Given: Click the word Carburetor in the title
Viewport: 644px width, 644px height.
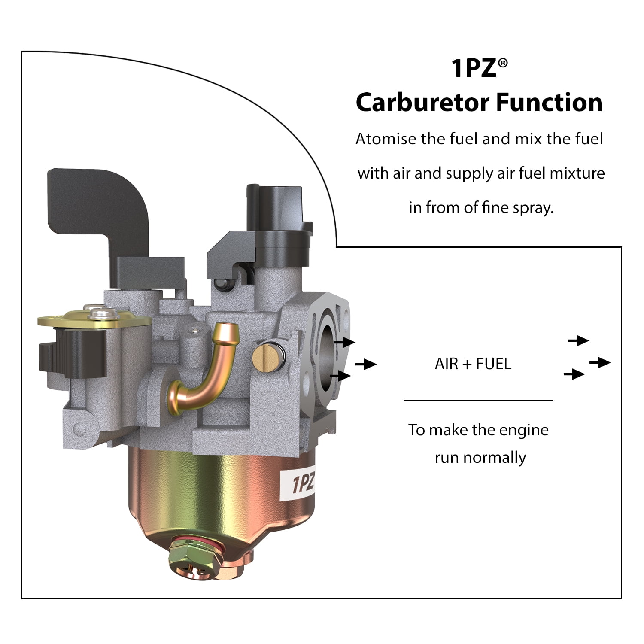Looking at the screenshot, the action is [423, 103].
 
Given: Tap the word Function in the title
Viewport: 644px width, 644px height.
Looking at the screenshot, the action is [550, 103].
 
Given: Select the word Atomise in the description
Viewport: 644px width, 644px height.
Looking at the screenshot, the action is [386, 139].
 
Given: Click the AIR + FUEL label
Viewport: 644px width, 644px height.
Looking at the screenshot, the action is [473, 364].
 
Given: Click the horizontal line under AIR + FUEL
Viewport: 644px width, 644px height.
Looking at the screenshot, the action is [478, 400].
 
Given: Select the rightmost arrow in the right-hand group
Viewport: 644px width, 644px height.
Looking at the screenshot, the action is [600, 362].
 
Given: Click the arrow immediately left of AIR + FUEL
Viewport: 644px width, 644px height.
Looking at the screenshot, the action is [366, 364].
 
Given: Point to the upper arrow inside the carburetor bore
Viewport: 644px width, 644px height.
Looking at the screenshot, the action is [345, 342].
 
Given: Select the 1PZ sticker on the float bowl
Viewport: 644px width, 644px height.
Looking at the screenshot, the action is [303, 484].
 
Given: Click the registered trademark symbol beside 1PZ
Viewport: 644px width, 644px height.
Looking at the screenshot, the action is [503, 63].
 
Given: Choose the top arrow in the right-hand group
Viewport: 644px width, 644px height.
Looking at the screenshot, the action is [578, 340].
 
